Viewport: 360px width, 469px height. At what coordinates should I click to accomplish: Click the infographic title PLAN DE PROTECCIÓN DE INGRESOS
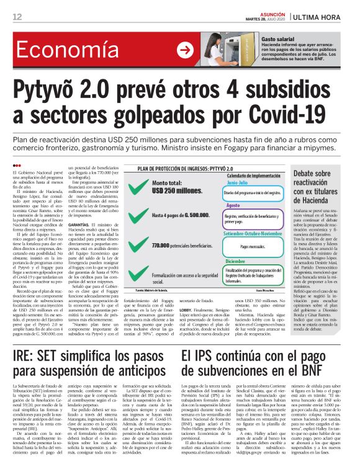tap(179, 167)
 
